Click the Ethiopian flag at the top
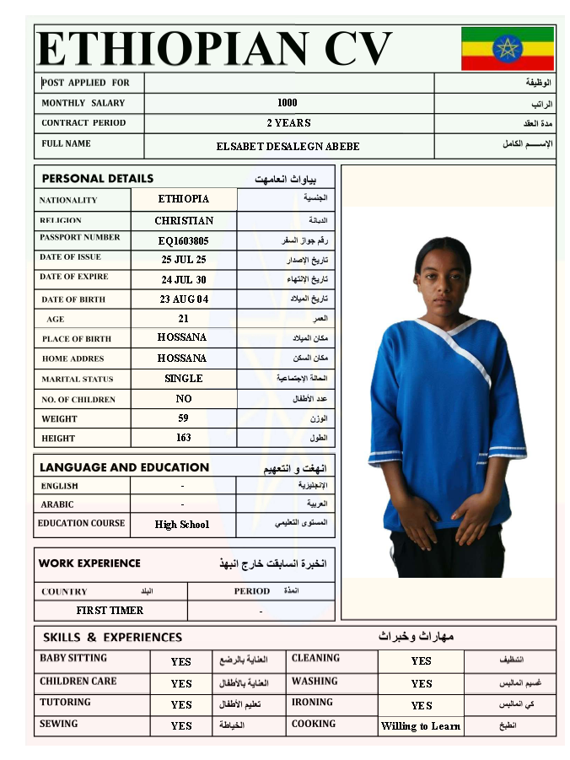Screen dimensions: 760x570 [x=507, y=48]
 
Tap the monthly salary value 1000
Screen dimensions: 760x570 [x=287, y=103]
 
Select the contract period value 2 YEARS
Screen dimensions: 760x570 [x=288, y=123]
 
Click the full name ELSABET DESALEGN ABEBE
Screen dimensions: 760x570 [x=288, y=146]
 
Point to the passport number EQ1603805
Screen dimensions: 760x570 [x=183, y=240]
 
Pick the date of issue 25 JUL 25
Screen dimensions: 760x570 [x=183, y=260]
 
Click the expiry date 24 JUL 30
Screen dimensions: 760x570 [x=183, y=279]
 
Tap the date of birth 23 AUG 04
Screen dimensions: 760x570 [x=183, y=299]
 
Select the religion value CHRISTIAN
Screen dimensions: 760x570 [x=184, y=220]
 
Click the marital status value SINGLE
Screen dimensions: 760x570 [x=183, y=379]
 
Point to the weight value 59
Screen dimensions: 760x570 [x=183, y=418]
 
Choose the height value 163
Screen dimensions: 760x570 [x=183, y=438]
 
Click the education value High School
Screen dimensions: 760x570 [x=181, y=525]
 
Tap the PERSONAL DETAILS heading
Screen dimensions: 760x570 [x=98, y=179]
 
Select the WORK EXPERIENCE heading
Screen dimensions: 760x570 [x=89, y=563]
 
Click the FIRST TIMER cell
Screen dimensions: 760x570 [x=110, y=610]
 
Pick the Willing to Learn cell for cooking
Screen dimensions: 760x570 [x=421, y=726]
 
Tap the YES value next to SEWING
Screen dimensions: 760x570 [x=181, y=725]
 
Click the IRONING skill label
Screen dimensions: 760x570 [x=312, y=703]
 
